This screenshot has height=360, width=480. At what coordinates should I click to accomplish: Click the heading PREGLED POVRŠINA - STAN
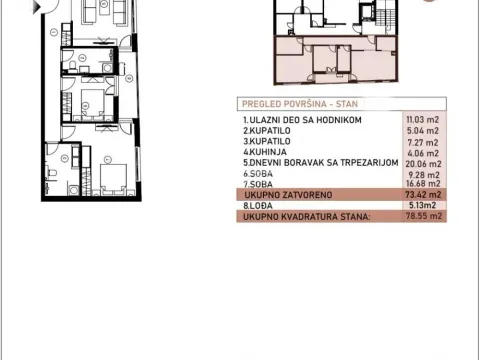pyautogui.click(x=292, y=103)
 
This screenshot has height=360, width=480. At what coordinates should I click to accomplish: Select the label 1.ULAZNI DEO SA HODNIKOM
pyautogui.click(x=301, y=120)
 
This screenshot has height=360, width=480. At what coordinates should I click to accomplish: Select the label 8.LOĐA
pyautogui.click(x=258, y=205)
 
